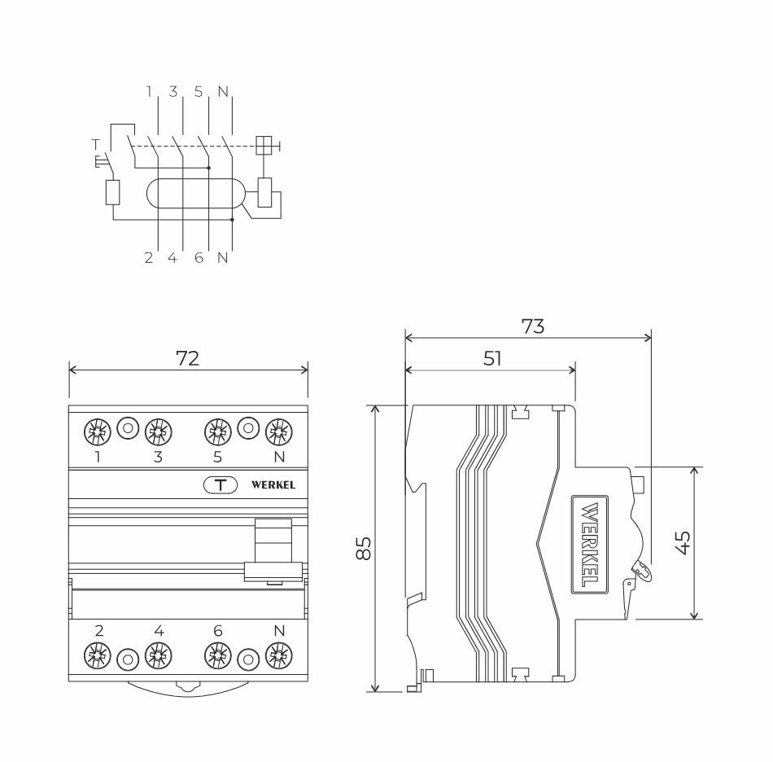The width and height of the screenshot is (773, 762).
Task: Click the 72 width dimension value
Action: (x=188, y=358)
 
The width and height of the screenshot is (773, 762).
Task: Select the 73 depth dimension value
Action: (x=532, y=326)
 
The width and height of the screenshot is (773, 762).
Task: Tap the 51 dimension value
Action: (x=492, y=358)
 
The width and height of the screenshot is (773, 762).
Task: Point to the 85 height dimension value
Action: (x=363, y=548)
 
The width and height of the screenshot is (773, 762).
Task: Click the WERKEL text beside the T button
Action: (x=273, y=485)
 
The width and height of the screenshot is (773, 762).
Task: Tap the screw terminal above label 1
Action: (x=97, y=430)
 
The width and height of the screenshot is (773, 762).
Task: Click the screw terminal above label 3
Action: (x=158, y=430)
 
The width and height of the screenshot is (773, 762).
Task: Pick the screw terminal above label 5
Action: (x=216, y=430)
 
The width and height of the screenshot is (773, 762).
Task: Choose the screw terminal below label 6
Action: (x=216, y=655)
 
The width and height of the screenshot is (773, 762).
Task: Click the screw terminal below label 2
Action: (x=98, y=655)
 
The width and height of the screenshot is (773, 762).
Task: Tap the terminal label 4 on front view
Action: (x=159, y=631)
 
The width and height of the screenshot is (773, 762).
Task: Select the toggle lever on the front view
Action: (x=273, y=550)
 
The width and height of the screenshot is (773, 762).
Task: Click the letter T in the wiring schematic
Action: (x=96, y=144)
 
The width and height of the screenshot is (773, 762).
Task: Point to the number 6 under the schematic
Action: (x=198, y=259)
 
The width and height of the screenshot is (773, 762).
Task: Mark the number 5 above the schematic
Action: (x=199, y=92)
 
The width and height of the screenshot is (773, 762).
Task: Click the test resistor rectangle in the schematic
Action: (x=113, y=193)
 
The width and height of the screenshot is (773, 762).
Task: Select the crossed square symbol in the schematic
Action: (x=264, y=146)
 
